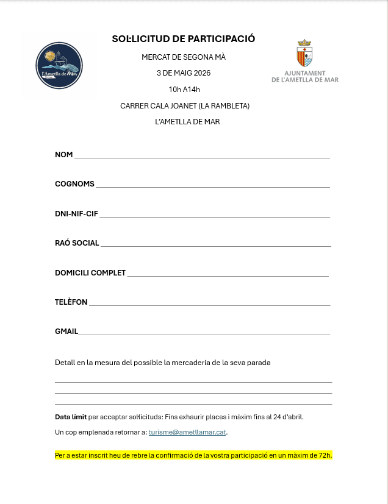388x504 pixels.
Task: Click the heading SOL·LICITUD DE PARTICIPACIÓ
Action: coord(184,39)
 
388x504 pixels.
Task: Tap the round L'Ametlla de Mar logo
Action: coord(59,65)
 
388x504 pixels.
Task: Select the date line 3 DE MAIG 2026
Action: coord(184,73)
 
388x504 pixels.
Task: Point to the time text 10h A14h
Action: coord(184,90)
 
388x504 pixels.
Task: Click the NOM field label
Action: coord(64,155)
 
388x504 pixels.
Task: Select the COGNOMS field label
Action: coord(74,184)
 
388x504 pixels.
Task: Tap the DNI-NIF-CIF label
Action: coord(76,214)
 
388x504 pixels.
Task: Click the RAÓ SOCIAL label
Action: coord(77,243)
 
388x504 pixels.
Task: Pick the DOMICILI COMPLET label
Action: coord(90,273)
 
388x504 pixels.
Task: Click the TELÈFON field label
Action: coord(71,302)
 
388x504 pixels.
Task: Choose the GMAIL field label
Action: coord(66,332)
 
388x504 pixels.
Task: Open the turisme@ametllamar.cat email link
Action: coord(187,432)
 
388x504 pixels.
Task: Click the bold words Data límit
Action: coord(71,417)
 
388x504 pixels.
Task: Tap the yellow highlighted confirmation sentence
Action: coord(193,455)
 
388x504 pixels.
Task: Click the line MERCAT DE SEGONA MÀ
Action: coord(184,57)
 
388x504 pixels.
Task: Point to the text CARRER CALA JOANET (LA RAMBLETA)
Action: coord(185,106)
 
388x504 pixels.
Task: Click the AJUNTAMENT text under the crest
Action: coord(304,73)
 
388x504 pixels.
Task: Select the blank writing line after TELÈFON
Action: coord(209,304)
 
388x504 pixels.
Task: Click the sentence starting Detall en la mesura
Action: coord(162,363)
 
